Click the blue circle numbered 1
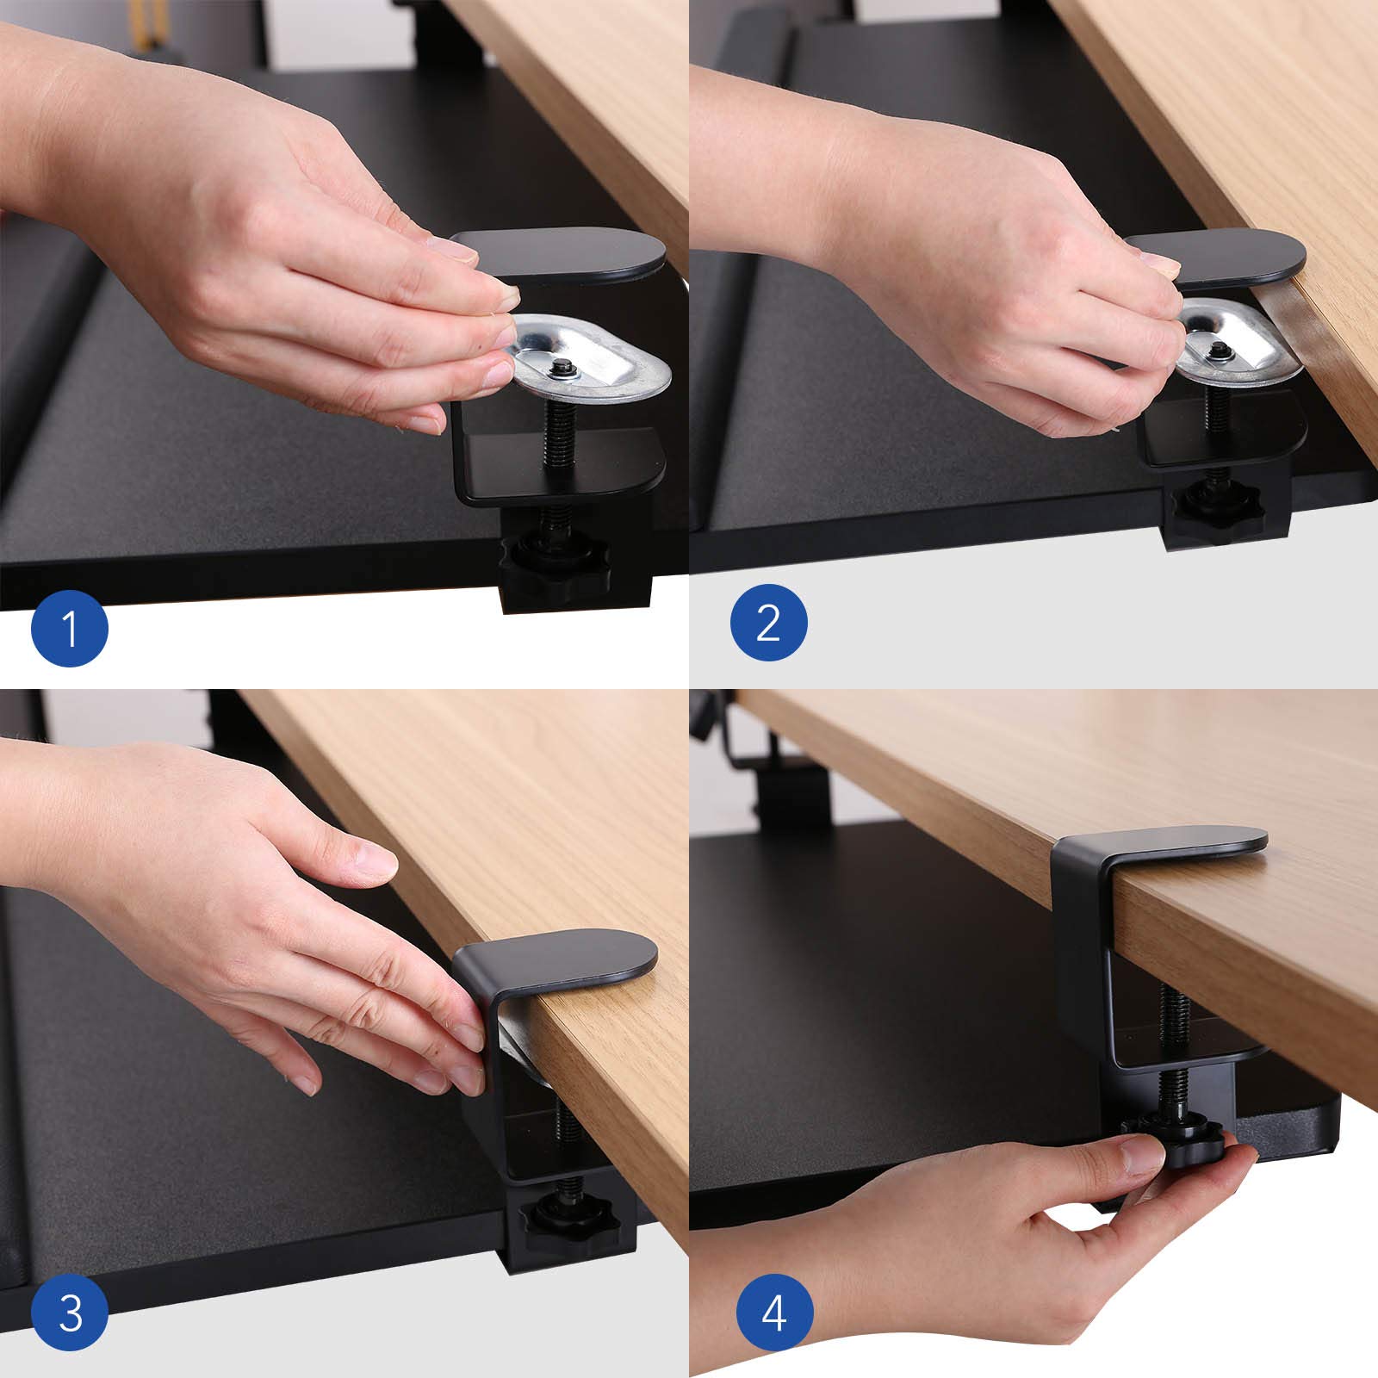click(70, 626)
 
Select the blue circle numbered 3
click(70, 1315)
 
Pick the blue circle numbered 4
click(774, 1315)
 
